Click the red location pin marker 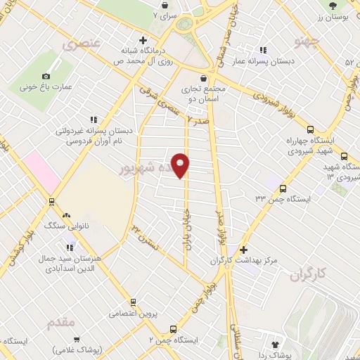pyautogui.click(x=181, y=165)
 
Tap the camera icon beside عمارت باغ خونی pyautogui.click(x=46, y=76)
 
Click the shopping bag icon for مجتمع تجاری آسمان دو pyautogui.click(x=204, y=78)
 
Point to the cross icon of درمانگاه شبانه pyautogui.click(x=143, y=40)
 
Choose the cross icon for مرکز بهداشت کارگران pyautogui.click(x=243, y=250)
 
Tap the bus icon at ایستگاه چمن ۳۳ pyautogui.click(x=283, y=188)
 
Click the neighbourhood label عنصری pyautogui.click(x=82, y=44)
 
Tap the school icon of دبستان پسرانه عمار pyautogui.click(x=263, y=50)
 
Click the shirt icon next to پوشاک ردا pyautogui.click(x=275, y=344)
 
